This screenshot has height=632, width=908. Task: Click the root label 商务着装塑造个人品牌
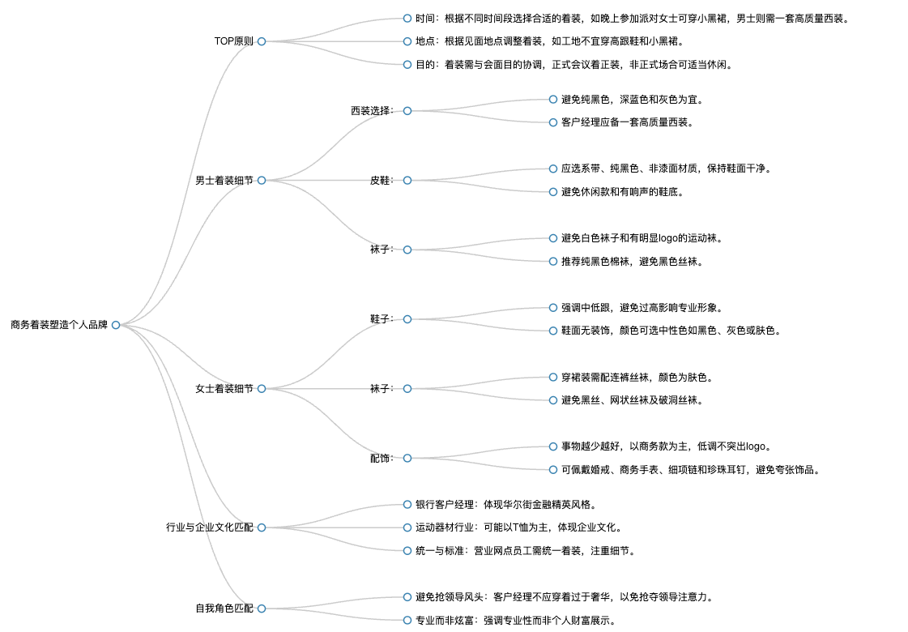[59, 325]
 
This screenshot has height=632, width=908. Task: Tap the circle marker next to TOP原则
[262, 41]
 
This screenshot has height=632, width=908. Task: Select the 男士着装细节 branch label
[224, 180]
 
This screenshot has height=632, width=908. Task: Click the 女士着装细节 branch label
[224, 389]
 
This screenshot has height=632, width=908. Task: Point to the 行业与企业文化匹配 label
[210, 527]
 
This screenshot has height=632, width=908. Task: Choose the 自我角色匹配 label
[224, 609]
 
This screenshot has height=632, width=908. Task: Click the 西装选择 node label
[373, 111]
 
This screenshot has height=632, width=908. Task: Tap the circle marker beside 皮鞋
[407, 180]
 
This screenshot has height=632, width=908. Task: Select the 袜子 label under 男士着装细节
[382, 250]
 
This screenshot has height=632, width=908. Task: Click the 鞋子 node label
[382, 319]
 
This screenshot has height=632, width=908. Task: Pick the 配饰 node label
[382, 459]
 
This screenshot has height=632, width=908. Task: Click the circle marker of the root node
[116, 325]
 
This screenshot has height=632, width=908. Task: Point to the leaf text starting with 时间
[633, 19]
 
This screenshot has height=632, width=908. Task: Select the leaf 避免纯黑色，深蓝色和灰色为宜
[633, 99]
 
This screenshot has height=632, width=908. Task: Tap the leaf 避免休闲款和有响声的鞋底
[623, 192]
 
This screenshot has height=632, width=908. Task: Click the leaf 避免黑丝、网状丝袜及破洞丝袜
[633, 400]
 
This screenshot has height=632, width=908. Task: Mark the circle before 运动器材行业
[407, 527]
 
